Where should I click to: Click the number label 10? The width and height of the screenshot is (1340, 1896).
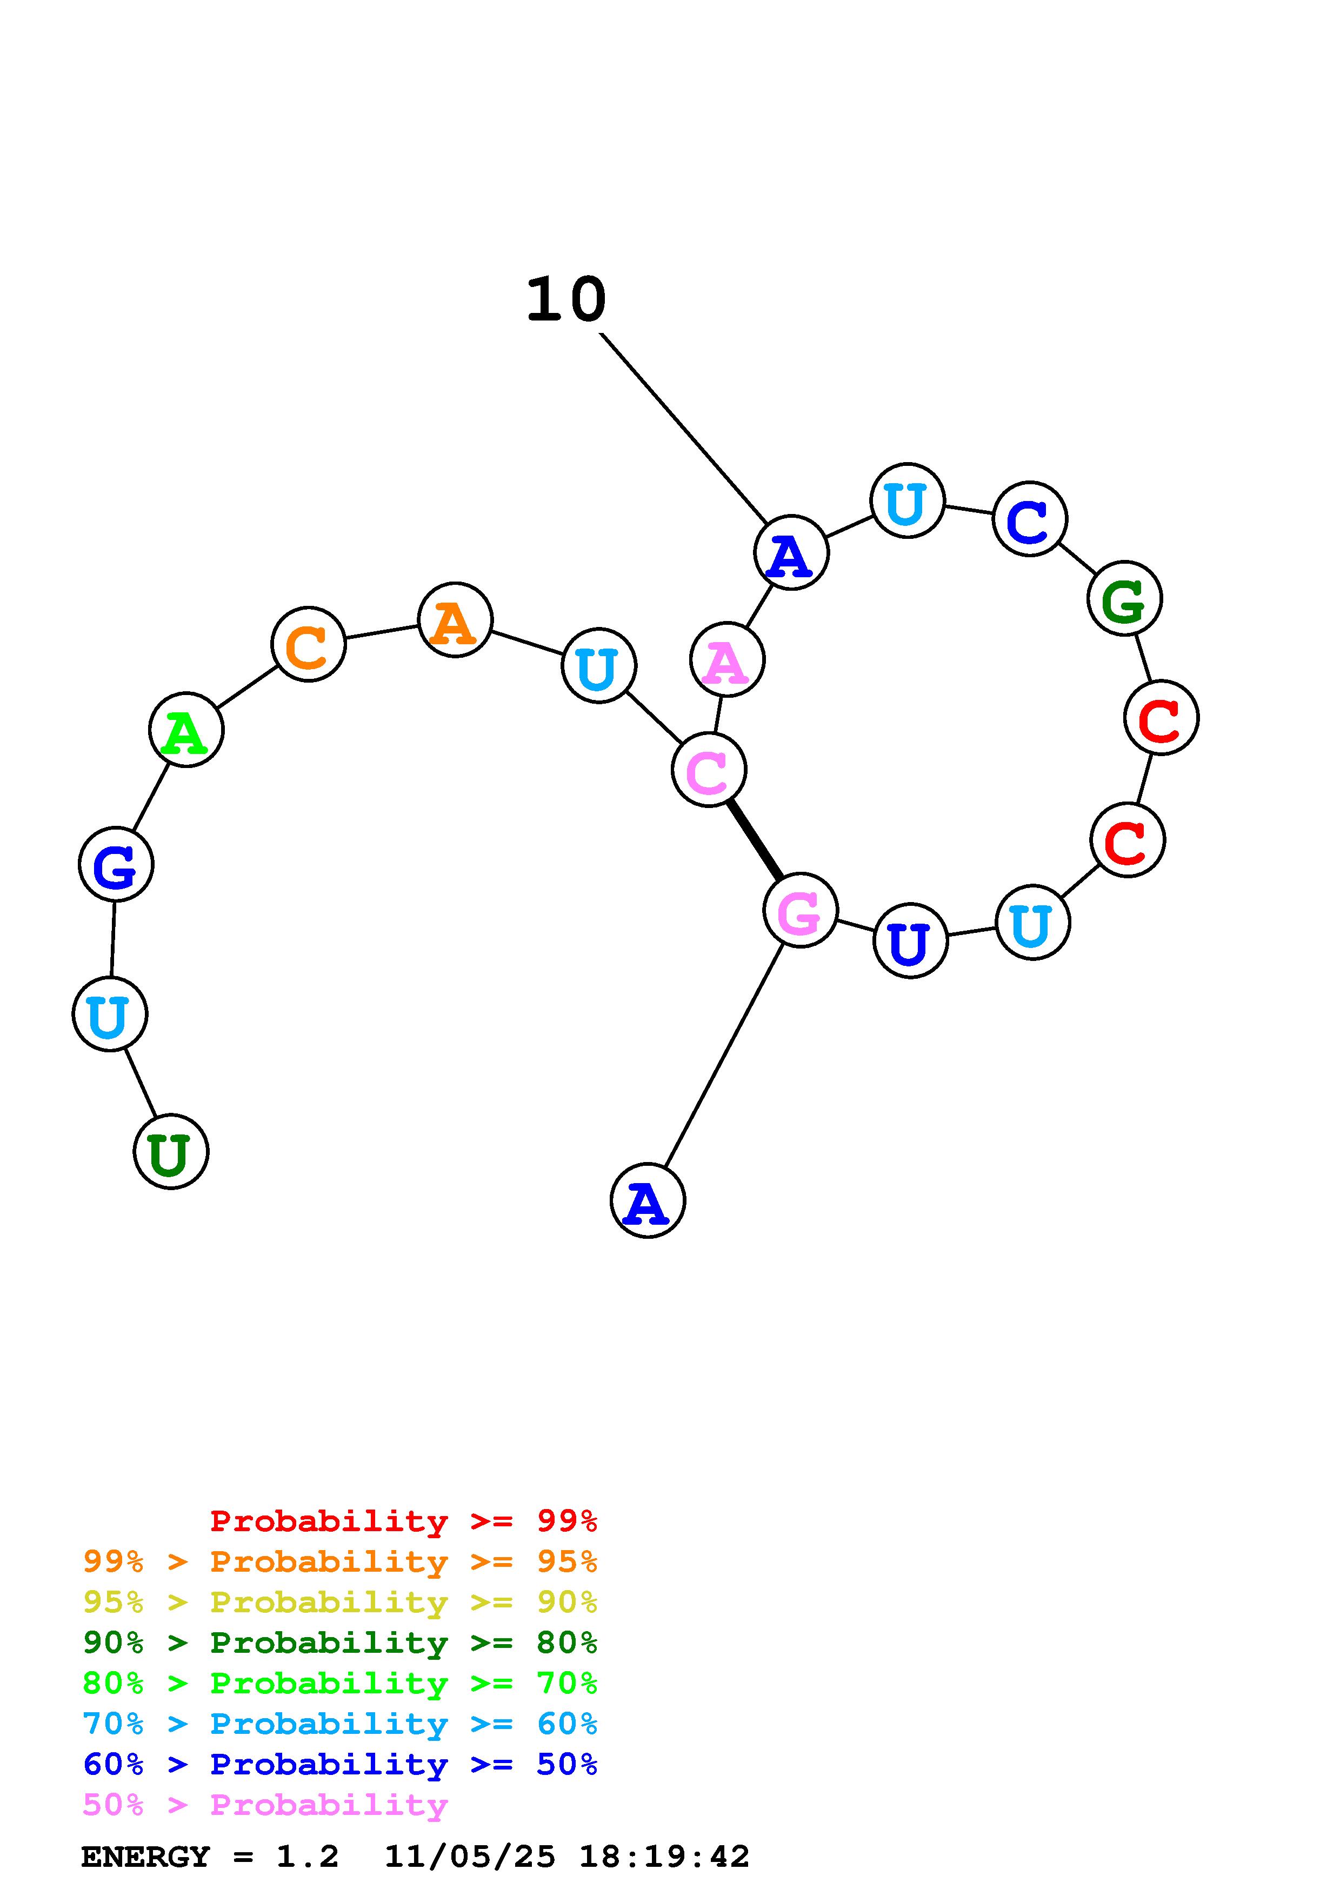[x=566, y=300]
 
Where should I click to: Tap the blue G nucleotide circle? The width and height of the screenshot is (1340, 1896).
[x=116, y=865]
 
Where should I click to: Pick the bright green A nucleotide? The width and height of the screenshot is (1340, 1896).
[x=186, y=730]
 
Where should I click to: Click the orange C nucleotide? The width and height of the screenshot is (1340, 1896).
[x=308, y=645]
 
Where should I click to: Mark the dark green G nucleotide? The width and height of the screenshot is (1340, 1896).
[x=1124, y=599]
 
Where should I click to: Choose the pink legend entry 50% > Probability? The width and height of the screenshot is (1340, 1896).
[x=265, y=1805]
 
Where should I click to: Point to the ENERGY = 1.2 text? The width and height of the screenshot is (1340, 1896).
[x=210, y=1857]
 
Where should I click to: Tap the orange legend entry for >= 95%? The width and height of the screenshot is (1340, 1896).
[x=340, y=1561]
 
